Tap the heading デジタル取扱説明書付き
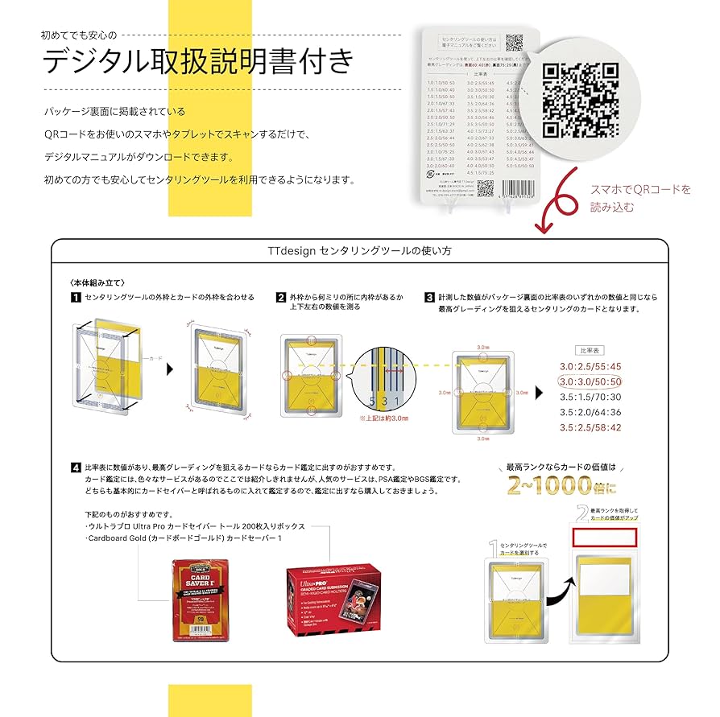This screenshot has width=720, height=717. click(198, 61)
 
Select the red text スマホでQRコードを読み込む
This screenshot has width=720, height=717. click(639, 198)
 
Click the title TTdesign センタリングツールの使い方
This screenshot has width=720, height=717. click(359, 251)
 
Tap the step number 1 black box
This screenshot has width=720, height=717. click(75, 298)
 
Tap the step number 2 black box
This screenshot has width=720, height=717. click(280, 298)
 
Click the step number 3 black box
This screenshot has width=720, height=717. click(430, 298)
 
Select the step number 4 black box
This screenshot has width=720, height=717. click(75, 467)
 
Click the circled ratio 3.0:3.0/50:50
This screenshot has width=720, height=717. click(590, 381)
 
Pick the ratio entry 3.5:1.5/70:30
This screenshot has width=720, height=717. click(590, 397)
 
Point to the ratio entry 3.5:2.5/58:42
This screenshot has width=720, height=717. click(590, 427)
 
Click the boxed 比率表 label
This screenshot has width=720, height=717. click(590, 351)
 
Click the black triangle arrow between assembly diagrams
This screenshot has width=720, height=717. click(169, 368)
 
